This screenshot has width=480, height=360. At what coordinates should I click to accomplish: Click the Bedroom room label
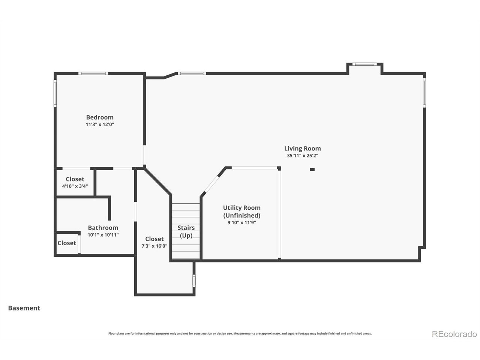click(100, 117)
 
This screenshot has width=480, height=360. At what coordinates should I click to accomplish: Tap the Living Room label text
click(302, 148)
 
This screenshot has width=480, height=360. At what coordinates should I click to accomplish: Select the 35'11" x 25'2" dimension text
click(302, 156)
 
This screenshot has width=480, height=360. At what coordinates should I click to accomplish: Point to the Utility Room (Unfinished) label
click(241, 211)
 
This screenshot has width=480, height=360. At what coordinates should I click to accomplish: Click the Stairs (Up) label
click(186, 231)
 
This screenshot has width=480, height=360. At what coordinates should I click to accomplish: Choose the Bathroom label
click(103, 228)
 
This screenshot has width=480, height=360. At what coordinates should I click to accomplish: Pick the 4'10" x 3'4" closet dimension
click(75, 186)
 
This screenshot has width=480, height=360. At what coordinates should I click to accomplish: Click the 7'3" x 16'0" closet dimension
click(154, 246)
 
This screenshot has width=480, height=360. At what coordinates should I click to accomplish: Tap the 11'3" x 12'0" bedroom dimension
click(100, 124)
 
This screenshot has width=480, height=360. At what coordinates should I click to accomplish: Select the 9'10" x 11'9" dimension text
click(241, 223)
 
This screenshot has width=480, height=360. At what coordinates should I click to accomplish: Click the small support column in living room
click(312, 169)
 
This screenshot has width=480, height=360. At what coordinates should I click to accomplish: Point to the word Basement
click(24, 308)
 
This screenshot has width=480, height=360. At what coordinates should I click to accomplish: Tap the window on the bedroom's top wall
click(93, 73)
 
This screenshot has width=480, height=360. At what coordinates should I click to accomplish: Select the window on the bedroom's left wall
click(55, 93)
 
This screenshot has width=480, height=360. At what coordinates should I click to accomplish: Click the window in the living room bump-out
click(364, 64)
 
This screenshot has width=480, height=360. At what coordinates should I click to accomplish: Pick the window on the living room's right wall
click(424, 93)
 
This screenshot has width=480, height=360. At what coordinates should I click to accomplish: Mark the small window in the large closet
click(194, 280)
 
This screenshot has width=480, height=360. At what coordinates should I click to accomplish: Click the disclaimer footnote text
click(240, 333)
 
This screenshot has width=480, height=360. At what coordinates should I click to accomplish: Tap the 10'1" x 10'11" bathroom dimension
click(103, 235)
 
